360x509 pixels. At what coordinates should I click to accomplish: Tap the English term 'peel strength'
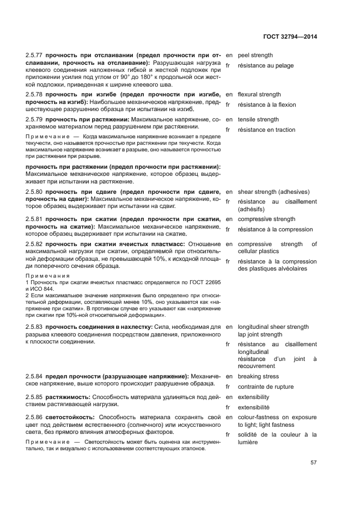tap(255, 56)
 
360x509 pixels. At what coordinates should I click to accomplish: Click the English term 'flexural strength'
tap(259, 94)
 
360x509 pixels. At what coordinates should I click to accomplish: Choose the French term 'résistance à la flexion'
tap(269, 105)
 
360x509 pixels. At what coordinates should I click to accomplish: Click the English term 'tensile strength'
tap(258, 119)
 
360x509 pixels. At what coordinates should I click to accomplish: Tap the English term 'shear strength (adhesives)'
tap(273, 192)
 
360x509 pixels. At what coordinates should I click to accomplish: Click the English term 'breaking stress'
tap(258, 376)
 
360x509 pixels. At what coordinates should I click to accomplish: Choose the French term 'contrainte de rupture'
tap(266, 387)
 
